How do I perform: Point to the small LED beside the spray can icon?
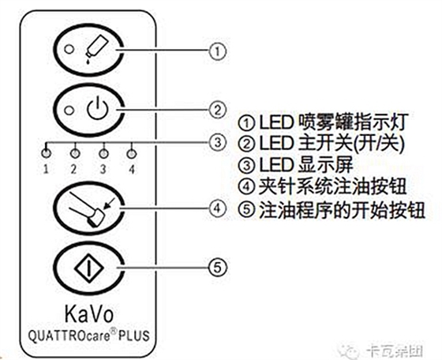[68, 51]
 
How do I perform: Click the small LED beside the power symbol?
[69, 108]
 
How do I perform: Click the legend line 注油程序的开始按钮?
[331, 210]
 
